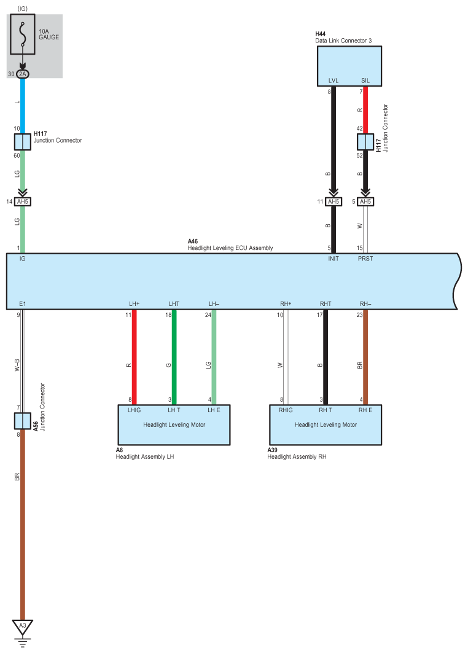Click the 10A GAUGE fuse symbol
coord(23,34)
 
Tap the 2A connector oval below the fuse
coord(23,74)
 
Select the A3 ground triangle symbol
coord(23,626)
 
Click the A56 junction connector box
coord(23,421)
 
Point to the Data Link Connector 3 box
coord(349,66)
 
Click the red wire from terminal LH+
coord(134,357)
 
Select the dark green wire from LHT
coord(174,357)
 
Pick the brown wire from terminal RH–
coord(365,357)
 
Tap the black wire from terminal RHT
coord(326,357)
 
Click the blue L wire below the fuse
coord(23,106)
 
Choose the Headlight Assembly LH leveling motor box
coord(174,424)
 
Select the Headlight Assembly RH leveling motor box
coord(326,424)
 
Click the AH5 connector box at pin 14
coord(23,201)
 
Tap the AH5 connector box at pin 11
coord(333,201)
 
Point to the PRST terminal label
coord(365,259)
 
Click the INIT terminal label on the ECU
coord(333,259)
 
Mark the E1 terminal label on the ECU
coord(23,304)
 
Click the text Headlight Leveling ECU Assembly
coord(230,248)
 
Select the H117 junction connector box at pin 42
coord(365,141)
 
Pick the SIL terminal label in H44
coord(365,81)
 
